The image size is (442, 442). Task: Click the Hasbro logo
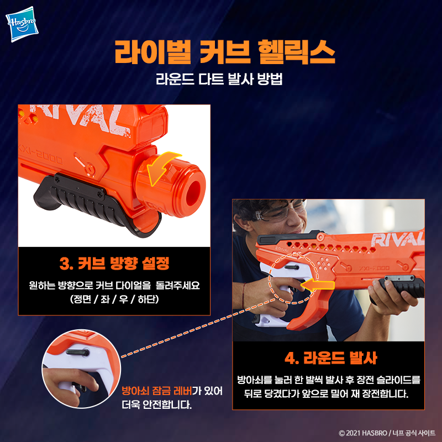pyautogui.click(x=22, y=24)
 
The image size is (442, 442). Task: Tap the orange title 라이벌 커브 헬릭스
pyautogui.click(x=225, y=52)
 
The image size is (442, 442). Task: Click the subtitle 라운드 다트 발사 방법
pyautogui.click(x=219, y=79)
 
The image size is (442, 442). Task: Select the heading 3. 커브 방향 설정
pyautogui.click(x=114, y=264)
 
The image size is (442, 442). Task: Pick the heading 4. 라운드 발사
pyautogui.click(x=330, y=358)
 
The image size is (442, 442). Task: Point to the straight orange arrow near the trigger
pyautogui.click(x=317, y=285)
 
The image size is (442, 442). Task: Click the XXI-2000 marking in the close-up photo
pyautogui.click(x=41, y=156)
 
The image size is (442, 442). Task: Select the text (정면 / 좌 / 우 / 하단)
pyautogui.click(x=114, y=299)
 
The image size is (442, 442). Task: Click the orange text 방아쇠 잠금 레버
pyautogui.click(x=157, y=391)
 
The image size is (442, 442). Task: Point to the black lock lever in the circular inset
pyautogui.click(x=77, y=352)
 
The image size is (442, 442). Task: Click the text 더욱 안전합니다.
pyautogui.click(x=157, y=405)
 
